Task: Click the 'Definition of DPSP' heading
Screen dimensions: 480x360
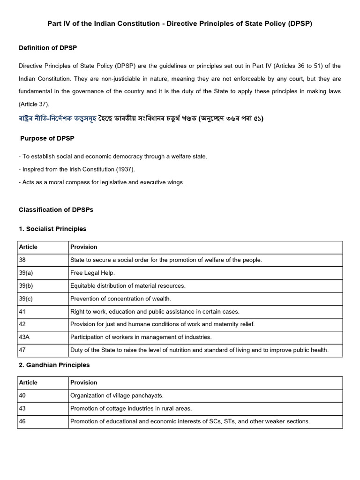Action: [48, 48]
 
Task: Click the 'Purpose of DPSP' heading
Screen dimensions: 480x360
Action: [47, 138]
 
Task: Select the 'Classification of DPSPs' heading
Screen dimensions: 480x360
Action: [56, 210]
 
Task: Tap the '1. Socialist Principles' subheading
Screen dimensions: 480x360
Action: [52, 229]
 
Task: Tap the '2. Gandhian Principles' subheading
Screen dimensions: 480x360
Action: [54, 365]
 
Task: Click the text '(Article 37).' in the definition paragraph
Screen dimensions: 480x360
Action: [34, 104]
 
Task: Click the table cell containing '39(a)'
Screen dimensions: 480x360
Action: [26, 273]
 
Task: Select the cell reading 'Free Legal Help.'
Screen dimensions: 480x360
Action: [92, 273]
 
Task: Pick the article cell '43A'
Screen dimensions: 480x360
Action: [25, 337]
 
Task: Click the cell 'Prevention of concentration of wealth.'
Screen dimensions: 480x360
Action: [120, 299]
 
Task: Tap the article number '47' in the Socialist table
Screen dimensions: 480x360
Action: [22, 350]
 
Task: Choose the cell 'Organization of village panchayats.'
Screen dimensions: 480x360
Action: [117, 396]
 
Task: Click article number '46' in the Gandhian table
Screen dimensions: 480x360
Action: [22, 421]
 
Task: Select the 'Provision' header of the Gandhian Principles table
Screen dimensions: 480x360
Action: [84, 382]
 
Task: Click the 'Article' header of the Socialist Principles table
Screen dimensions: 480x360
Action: [28, 247]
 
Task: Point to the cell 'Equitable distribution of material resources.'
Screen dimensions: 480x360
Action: [127, 285]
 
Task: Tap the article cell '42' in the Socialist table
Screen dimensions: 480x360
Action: [22, 324]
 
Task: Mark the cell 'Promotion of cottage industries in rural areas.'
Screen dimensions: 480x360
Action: [131, 408]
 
